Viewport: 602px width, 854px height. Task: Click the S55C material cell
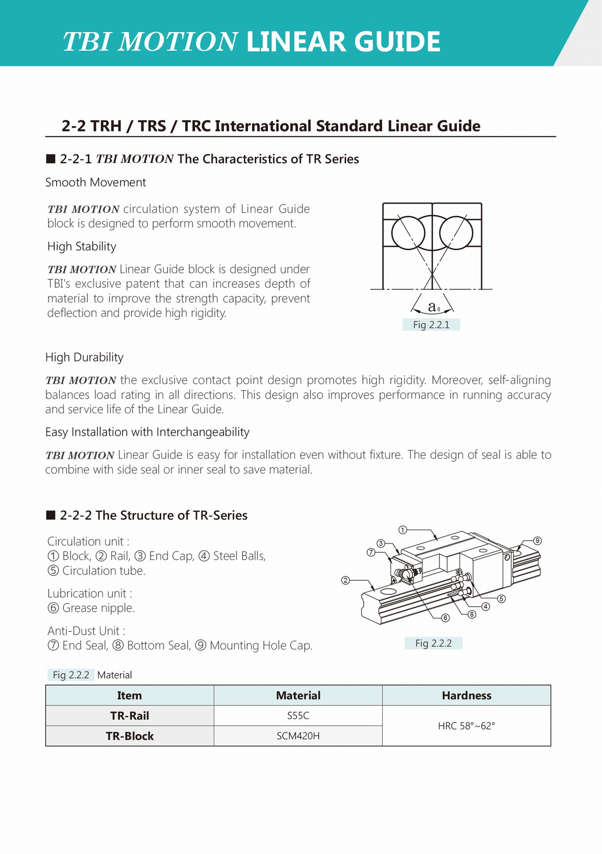pyautogui.click(x=298, y=716)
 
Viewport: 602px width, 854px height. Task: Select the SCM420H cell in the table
pyautogui.click(x=298, y=736)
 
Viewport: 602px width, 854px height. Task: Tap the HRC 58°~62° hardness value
pyautogui.click(x=466, y=726)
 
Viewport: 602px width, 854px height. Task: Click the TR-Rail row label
pyautogui.click(x=129, y=716)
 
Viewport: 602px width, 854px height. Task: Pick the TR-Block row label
pyautogui.click(x=129, y=736)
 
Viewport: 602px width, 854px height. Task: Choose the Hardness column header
pyautogui.click(x=466, y=696)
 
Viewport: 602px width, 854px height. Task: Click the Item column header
pyautogui.click(x=129, y=696)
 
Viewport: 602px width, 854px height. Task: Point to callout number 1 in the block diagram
pyautogui.click(x=403, y=530)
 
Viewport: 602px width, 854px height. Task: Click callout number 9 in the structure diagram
pyautogui.click(x=537, y=541)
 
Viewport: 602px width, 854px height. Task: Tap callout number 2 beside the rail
pyautogui.click(x=345, y=580)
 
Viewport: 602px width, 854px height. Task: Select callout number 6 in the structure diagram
pyautogui.click(x=445, y=618)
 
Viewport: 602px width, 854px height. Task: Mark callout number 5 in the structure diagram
pyautogui.click(x=502, y=599)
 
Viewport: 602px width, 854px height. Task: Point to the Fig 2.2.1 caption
pyautogui.click(x=431, y=325)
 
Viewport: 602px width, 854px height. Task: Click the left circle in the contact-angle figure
pyautogui.click(x=408, y=233)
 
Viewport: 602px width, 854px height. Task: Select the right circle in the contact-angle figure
pyautogui.click(x=456, y=233)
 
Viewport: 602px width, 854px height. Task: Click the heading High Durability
pyautogui.click(x=84, y=357)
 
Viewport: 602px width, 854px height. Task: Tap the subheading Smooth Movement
pyautogui.click(x=95, y=183)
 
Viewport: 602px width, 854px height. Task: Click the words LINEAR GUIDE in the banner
pyautogui.click(x=343, y=42)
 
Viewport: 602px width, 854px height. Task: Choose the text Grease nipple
pyautogui.click(x=98, y=608)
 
